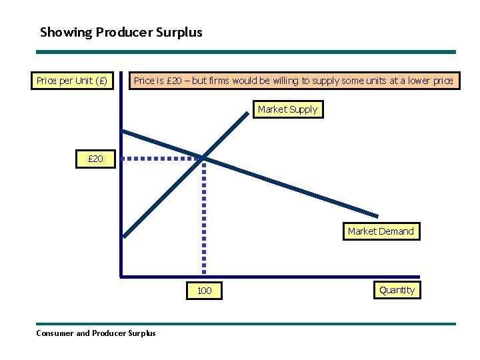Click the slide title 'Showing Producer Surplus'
pyautogui.click(x=121, y=32)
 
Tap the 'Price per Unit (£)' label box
pyautogui.click(x=71, y=81)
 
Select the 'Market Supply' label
pyautogui.click(x=287, y=109)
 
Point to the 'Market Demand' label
pyautogui.click(x=381, y=231)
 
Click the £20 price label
pyautogui.click(x=95, y=159)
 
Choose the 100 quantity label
pyautogui.click(x=204, y=291)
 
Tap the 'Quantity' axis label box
pyautogui.click(x=397, y=290)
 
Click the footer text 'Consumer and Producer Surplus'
pyautogui.click(x=95, y=333)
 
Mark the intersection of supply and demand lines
pyautogui.click(x=204, y=157)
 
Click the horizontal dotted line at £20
pyautogui.click(x=163, y=159)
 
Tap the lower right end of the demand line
pyautogui.click(x=377, y=216)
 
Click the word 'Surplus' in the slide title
pyautogui.click(x=181, y=32)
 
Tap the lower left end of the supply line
pyautogui.click(x=125, y=235)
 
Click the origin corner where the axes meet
pyautogui.click(x=121, y=275)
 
